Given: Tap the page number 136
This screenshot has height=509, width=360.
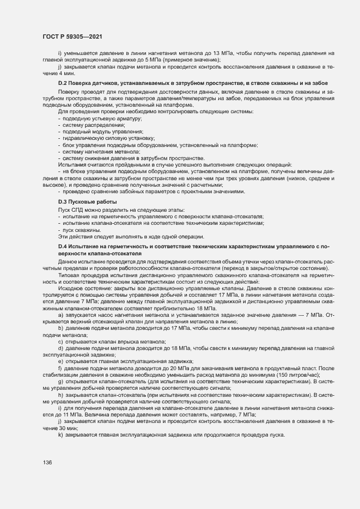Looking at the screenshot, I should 47,463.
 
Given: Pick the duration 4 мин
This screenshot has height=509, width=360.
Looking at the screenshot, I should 66,72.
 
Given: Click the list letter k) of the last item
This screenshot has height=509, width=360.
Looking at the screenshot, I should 60,434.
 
